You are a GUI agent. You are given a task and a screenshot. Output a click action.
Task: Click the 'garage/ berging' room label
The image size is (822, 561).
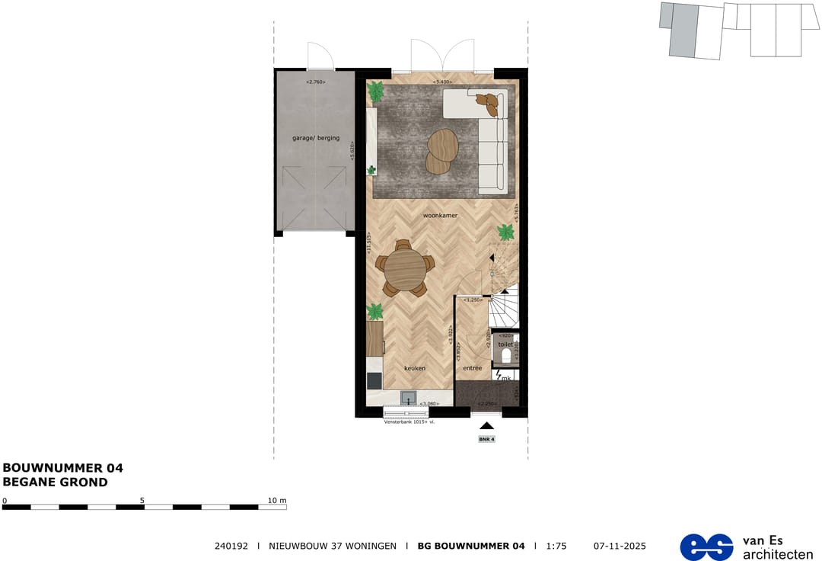tap(314, 139)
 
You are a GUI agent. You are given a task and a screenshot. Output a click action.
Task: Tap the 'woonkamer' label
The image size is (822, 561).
tap(441, 216)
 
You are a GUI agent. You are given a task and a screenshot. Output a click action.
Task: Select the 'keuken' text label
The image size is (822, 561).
tap(415, 368)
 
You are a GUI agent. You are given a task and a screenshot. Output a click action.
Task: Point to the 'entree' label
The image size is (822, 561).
tap(473, 368)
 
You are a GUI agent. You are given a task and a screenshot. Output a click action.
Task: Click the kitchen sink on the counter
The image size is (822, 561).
tap(409, 397)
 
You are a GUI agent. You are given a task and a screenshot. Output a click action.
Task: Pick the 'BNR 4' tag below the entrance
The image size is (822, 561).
tap(486, 439)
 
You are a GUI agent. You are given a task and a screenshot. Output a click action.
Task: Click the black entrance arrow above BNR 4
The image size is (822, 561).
tap(486, 426)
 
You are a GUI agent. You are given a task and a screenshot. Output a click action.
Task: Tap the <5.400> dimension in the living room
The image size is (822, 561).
tap(442, 82)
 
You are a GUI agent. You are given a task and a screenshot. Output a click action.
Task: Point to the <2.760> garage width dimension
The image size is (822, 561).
tap(315, 82)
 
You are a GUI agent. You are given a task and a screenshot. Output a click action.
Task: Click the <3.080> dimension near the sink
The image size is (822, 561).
tap(432, 403)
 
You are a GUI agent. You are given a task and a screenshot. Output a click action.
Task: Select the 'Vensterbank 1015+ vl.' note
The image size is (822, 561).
tap(409, 420)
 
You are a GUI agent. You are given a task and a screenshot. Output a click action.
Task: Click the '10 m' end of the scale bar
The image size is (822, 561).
tap(277, 501)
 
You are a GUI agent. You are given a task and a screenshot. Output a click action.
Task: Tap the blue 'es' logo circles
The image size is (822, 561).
tap(706, 547)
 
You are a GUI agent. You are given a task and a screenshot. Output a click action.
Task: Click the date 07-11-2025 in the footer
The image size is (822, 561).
tap(619, 546)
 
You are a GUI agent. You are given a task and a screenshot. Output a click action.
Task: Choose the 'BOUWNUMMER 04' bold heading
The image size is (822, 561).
tap(63, 468)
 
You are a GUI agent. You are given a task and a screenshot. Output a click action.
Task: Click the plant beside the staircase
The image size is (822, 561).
tap(505, 232)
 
